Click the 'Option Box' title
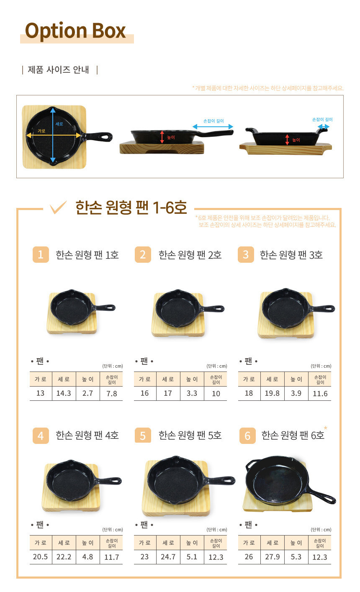75,31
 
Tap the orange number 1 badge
41,254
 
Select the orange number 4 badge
41,436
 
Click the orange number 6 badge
247,436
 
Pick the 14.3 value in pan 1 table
64,393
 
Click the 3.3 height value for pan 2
192,393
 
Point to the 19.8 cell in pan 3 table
272,393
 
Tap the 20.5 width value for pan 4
40,557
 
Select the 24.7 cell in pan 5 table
168,557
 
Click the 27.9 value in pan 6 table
272,557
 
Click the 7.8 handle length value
112,394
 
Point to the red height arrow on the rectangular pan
287,140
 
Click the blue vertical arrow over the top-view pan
53,135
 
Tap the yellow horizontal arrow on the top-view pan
53,135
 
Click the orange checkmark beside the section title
58,207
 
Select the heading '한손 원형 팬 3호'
291,255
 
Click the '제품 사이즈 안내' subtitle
59,70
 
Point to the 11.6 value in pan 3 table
320,394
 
